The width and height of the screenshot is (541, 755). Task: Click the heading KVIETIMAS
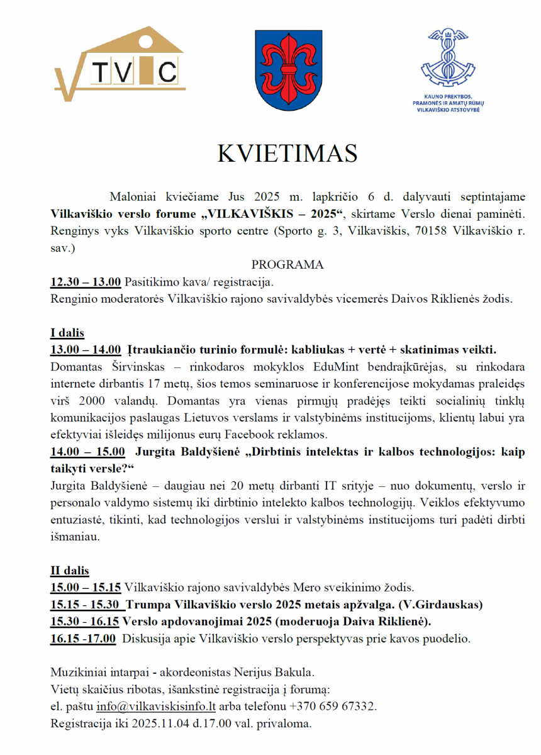pyautogui.click(x=287, y=154)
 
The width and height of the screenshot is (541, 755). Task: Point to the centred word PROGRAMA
pyautogui.click(x=287, y=264)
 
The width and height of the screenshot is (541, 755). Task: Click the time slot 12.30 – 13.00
pyautogui.click(x=86, y=281)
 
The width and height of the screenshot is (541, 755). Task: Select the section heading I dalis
pyautogui.click(x=67, y=333)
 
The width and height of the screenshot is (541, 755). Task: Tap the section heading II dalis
pyautogui.click(x=70, y=571)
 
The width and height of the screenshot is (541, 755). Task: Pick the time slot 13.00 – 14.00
pyautogui.click(x=86, y=350)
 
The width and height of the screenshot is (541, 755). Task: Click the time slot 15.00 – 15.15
pyautogui.click(x=86, y=588)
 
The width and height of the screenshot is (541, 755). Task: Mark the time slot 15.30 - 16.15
pyautogui.click(x=86, y=622)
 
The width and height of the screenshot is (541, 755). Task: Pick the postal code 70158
pyautogui.click(x=433, y=230)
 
